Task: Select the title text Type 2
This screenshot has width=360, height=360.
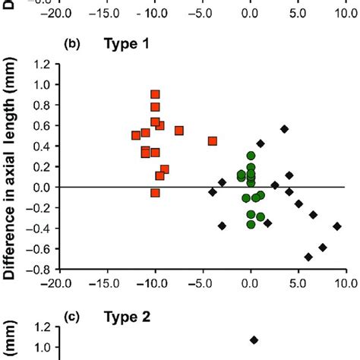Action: (125, 317)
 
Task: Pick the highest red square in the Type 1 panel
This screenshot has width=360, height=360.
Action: (155, 95)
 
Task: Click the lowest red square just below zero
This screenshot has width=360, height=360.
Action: (155, 193)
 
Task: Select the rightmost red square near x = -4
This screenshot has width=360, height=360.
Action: (213, 141)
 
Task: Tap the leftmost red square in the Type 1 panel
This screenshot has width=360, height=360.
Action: (136, 135)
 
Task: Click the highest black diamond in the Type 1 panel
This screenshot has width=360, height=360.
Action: (285, 129)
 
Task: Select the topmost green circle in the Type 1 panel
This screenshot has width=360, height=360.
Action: (251, 156)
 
